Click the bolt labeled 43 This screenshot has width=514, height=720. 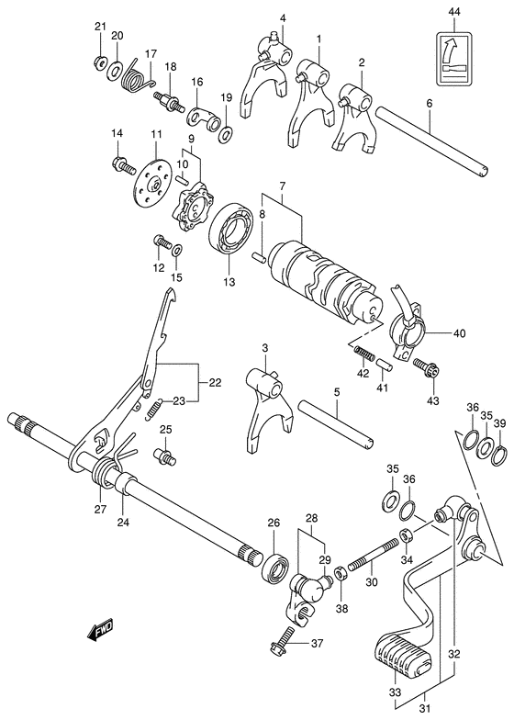[x=425, y=368]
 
